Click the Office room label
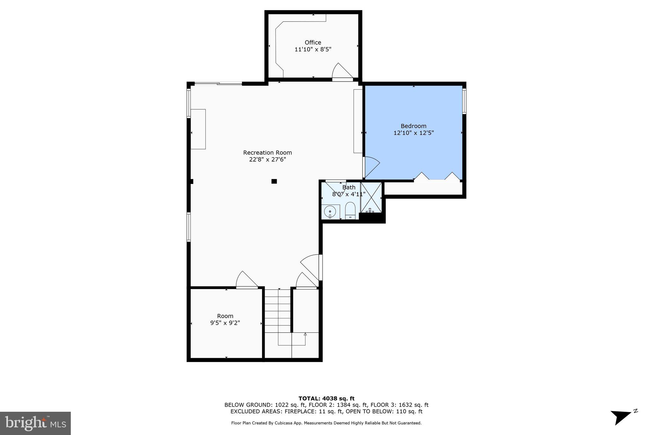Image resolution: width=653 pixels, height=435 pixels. point(313,42)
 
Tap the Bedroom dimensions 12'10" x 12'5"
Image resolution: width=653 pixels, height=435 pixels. point(414,133)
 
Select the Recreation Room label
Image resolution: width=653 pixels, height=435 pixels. point(268,153)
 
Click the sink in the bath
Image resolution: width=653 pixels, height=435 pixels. point(329,211)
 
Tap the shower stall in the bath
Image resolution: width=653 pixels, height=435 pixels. point(371,197)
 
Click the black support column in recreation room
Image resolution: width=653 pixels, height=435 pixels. point(274,181)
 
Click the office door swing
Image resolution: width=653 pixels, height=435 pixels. point(342,71)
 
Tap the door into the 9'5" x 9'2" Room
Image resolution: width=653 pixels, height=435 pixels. point(246,280)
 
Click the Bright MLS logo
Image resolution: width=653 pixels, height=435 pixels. point(35,423)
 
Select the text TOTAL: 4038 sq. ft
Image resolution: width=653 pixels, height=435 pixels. point(326,398)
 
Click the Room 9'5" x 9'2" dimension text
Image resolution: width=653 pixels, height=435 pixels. point(225,323)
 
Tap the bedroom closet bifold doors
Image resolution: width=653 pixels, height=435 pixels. point(437,177)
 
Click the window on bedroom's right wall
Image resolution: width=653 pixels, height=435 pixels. point(464,101)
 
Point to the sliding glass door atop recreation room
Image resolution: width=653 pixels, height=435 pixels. point(218,83)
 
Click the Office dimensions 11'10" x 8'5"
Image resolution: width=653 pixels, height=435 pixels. point(313,49)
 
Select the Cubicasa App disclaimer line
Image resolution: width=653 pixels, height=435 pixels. point(326,423)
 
